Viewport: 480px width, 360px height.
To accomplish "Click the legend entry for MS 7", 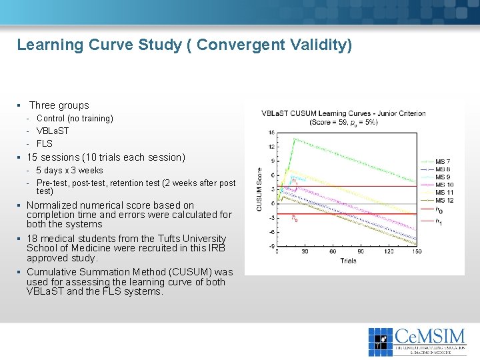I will tap(442, 162).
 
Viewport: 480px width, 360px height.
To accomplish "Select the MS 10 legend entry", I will tap(444, 185).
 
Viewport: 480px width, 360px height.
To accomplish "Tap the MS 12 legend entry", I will tap(444, 200).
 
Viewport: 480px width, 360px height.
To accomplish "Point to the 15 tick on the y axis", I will tap(272, 133).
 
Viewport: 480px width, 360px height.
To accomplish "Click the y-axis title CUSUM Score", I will tap(260, 189).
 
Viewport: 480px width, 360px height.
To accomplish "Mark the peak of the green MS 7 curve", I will tap(295, 139).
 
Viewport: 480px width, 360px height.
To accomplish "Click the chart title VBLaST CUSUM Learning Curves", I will tap(343, 113).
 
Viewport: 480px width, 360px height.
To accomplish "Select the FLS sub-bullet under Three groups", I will tap(44, 143).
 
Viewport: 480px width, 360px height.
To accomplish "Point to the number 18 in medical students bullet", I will tap(32, 239).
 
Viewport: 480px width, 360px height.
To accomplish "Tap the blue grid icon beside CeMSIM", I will tap(381, 341).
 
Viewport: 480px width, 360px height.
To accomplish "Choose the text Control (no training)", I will tap(75, 119).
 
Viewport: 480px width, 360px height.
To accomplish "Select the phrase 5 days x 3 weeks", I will tap(69, 171).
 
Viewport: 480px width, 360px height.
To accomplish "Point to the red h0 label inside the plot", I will tap(295, 217).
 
